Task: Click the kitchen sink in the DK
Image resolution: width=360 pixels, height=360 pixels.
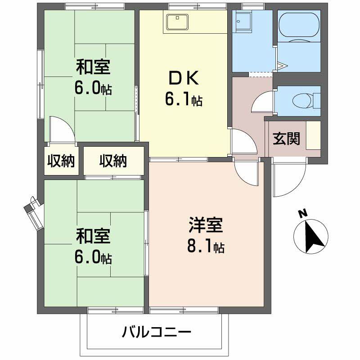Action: (178, 22)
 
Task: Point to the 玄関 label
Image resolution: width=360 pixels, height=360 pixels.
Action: (286, 139)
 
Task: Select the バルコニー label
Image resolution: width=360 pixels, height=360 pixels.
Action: (157, 333)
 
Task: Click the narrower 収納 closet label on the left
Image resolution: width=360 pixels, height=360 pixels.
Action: (62, 161)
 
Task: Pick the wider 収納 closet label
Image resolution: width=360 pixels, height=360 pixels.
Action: (113, 161)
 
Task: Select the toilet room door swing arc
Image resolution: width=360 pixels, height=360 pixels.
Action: (261, 103)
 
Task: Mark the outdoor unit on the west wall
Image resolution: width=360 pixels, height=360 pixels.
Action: (35, 211)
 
